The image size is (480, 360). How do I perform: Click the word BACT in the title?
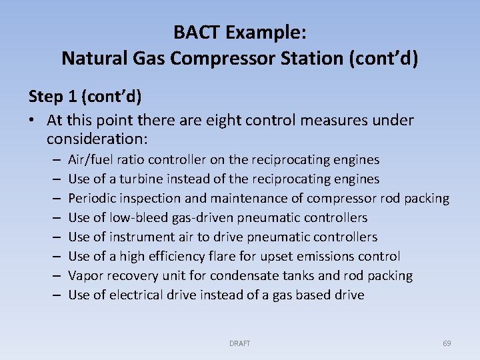[195, 31]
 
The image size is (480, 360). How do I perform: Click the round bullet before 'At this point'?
[33, 121]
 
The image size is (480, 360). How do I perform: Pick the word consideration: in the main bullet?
[96, 139]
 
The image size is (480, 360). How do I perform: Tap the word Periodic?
[92, 199]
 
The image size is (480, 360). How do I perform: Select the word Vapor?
[85, 276]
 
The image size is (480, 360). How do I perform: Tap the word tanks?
[302, 276]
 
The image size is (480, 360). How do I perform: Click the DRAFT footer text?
[239, 343]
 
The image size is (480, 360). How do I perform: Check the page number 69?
[447, 343]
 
